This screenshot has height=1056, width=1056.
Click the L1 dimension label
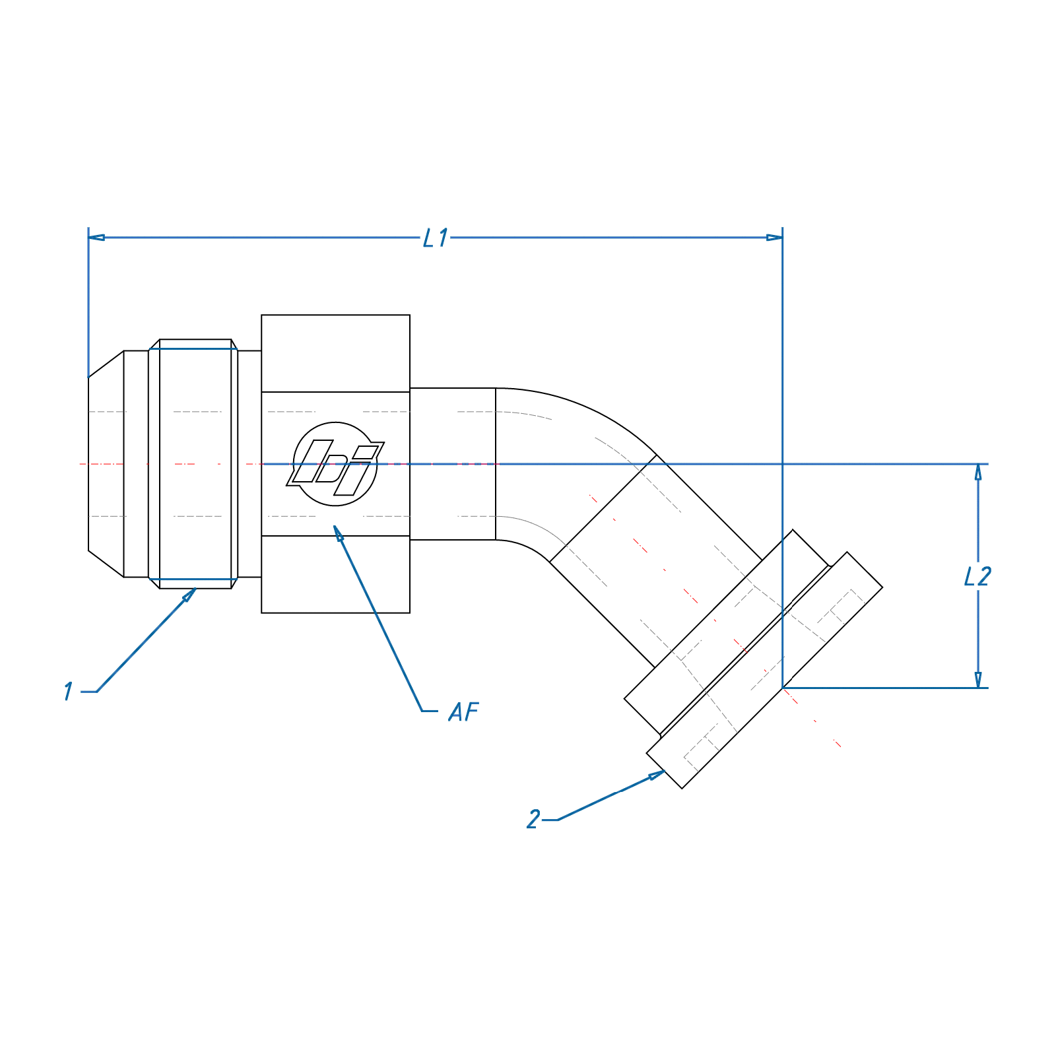pyautogui.click(x=436, y=238)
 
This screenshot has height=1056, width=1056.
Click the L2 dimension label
pyautogui.click(x=977, y=576)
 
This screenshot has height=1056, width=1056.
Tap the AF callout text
pyautogui.click(x=463, y=711)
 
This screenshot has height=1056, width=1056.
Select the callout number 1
pyautogui.click(x=69, y=691)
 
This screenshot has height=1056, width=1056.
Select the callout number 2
pyautogui.click(x=533, y=819)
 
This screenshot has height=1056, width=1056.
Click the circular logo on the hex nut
pyautogui.click(x=335, y=464)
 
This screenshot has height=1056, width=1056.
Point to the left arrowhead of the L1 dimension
pyautogui.click(x=96, y=238)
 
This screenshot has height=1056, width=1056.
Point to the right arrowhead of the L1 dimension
pyautogui.click(x=774, y=238)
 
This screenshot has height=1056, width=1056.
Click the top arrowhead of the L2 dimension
pyautogui.click(x=978, y=473)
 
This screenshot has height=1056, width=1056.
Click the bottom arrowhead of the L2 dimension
pyautogui.click(x=978, y=680)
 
